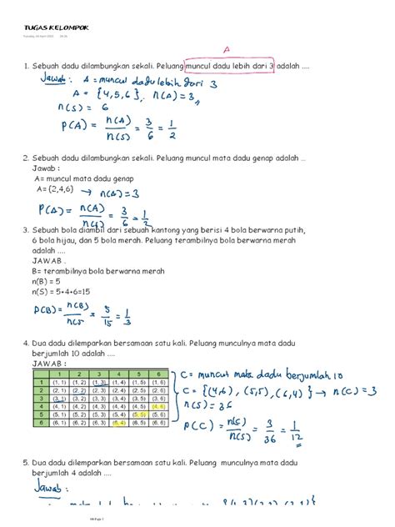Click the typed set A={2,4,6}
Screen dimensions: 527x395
point(55,188)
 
